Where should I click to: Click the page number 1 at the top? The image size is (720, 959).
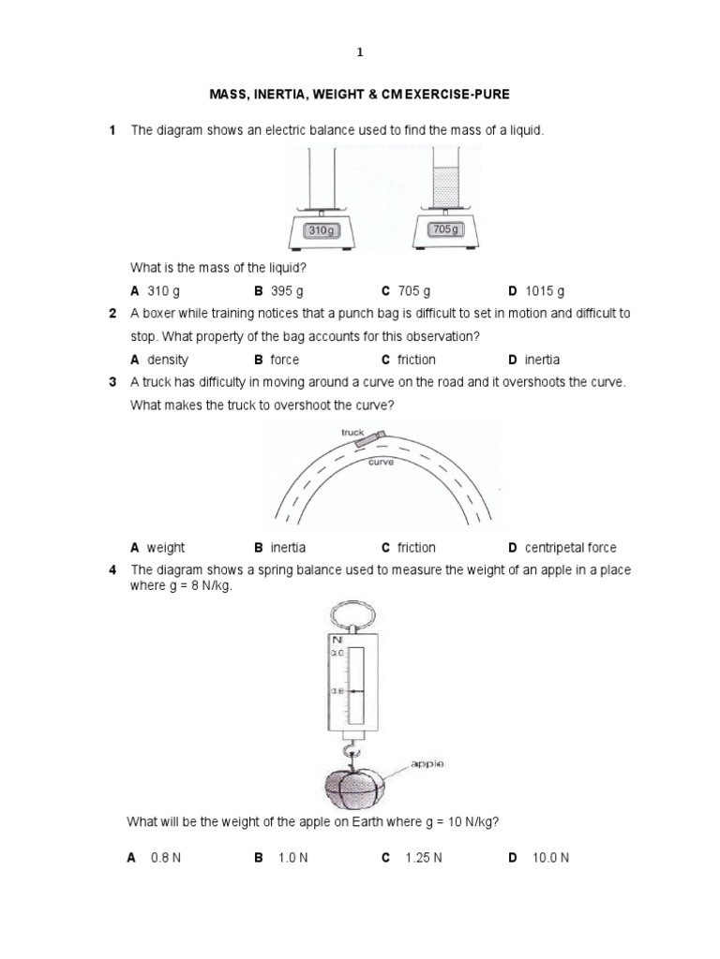[360, 53]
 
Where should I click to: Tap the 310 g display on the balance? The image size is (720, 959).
[320, 229]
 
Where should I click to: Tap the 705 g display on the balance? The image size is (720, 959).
[444, 229]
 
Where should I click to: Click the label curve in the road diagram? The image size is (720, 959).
[380, 462]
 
